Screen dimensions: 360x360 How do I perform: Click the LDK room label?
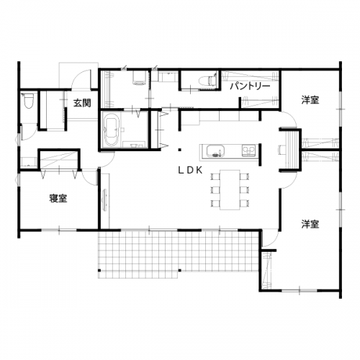click(190, 170)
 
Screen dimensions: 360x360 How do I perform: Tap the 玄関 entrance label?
click(82, 103)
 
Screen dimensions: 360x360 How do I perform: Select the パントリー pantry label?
click(250, 86)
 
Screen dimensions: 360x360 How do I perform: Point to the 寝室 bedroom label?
click(58, 199)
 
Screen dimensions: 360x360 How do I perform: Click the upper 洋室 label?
click(310, 100)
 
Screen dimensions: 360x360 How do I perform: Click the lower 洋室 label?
click(310, 224)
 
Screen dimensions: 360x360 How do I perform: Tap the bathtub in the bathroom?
click(111, 130)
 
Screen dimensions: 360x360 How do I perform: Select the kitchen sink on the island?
click(216, 151)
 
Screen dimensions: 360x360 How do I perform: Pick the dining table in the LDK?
click(230, 190)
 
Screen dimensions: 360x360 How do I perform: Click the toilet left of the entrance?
click(29, 101)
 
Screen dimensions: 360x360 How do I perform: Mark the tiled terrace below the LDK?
click(178, 254)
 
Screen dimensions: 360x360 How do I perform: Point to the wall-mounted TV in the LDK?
click(105, 200)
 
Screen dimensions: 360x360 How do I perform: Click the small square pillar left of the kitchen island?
click(179, 150)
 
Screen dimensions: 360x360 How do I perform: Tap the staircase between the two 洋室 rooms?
click(291, 150)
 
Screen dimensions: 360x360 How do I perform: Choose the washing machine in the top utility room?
click(140, 78)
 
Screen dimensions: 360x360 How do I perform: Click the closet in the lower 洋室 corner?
click(266, 270)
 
